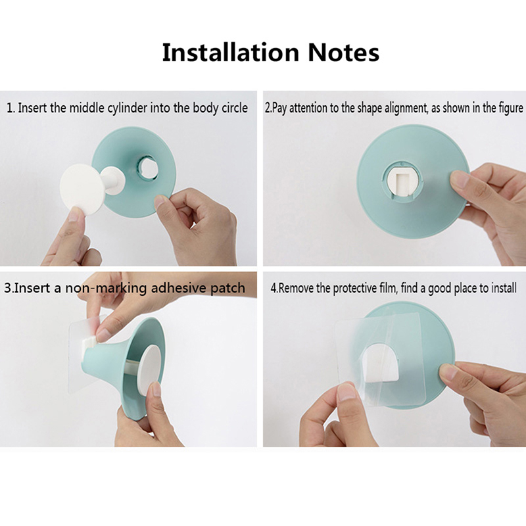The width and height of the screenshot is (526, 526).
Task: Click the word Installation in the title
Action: [231, 53]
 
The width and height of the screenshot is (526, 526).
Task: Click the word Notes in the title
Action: [343, 53]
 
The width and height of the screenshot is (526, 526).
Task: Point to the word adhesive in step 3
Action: [178, 288]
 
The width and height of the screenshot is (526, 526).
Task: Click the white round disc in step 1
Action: [82, 189]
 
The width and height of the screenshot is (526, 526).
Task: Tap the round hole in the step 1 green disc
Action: [147, 167]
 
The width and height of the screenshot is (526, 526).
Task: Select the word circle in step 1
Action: [235, 108]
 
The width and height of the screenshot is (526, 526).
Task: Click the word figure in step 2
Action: [512, 108]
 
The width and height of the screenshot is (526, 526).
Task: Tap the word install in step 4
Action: [504, 288]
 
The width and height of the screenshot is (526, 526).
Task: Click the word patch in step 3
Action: [227, 288]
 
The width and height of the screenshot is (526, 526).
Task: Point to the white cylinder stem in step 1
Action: [113, 180]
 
